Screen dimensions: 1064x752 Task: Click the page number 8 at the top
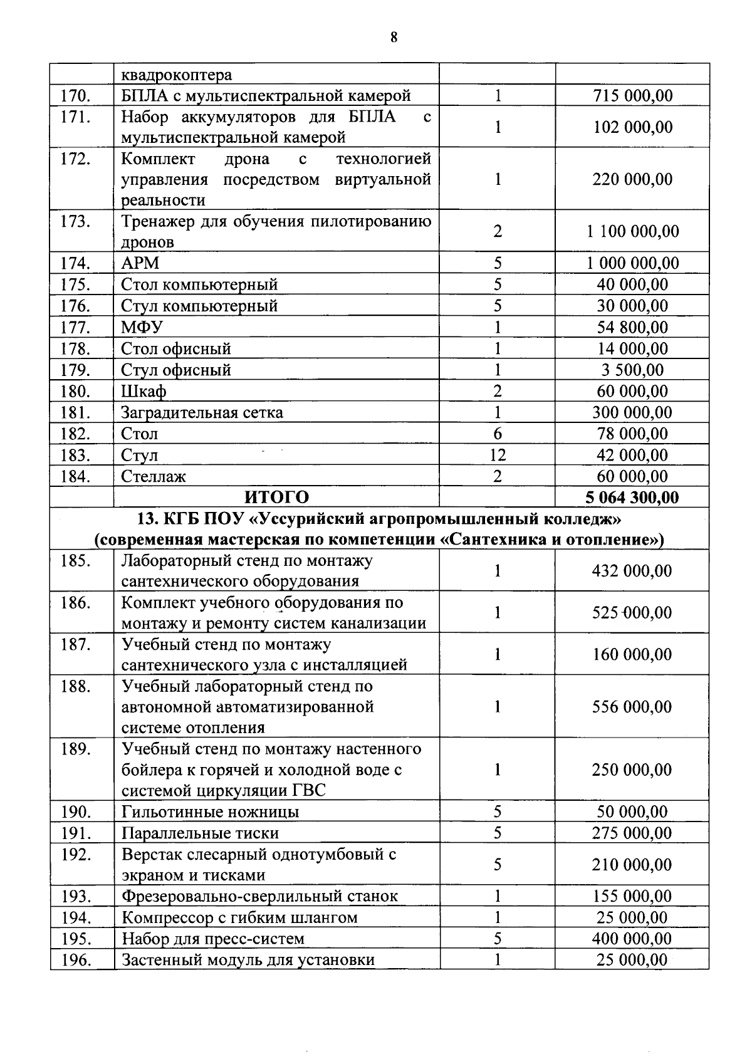coord(393,37)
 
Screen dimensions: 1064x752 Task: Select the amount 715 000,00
coord(632,96)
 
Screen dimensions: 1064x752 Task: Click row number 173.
coord(76,222)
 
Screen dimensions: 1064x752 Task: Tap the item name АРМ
coord(140,263)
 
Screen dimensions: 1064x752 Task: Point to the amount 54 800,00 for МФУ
coord(632,327)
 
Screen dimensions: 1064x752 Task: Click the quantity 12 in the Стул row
coord(497,455)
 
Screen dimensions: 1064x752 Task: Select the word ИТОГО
coord(276,498)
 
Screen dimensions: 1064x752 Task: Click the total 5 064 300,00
coord(632,498)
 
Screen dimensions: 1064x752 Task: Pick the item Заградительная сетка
coord(202,412)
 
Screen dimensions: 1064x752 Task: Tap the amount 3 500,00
coord(632,370)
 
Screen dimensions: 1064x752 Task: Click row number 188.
coord(76,687)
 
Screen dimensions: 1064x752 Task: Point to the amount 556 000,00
coord(632,707)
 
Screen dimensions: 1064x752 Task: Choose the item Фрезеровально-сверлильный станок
coord(259,896)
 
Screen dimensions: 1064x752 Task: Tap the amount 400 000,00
coord(632,939)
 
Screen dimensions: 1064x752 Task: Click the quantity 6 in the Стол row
coord(497,434)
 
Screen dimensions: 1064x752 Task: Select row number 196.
coord(76,960)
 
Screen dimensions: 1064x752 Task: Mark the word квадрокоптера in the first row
coord(176,75)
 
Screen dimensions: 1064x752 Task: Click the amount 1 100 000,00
coord(632,231)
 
